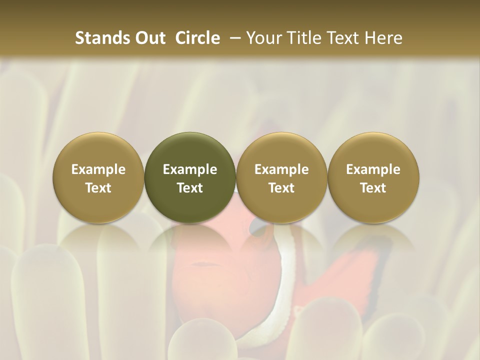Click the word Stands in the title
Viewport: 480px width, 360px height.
98,38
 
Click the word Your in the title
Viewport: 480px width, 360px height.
262,38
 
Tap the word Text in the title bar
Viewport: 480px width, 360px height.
341,38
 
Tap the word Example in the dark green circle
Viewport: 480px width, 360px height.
190,169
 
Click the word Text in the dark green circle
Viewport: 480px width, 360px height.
190,188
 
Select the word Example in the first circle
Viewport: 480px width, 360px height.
98,169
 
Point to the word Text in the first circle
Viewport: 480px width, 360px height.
98,188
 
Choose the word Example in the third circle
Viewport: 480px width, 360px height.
281,169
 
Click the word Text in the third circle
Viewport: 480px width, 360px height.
281,188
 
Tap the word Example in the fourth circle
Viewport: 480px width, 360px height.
373,169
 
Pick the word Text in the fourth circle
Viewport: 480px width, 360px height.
373,188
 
